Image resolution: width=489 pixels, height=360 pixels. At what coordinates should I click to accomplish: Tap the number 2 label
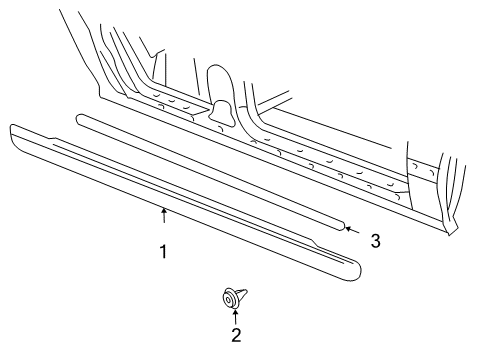point(236,336)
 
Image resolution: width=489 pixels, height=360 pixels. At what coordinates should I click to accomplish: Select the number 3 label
point(375,240)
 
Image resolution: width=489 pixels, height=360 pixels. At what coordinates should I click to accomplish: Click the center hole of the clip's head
point(230,296)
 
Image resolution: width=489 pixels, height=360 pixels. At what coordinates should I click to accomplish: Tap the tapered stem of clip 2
point(243,294)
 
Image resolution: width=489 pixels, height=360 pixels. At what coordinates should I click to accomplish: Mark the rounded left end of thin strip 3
point(80,116)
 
